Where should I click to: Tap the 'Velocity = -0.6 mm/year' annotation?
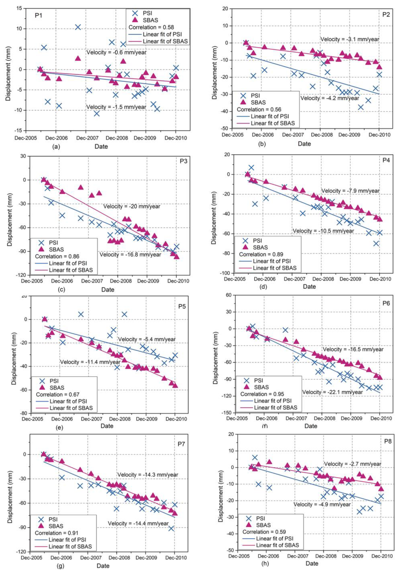click(116, 52)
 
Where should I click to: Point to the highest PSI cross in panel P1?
click(78, 27)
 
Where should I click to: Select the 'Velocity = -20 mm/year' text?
click(132, 207)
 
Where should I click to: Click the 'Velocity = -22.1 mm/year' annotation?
click(332, 392)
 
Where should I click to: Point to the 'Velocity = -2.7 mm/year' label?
click(352, 464)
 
